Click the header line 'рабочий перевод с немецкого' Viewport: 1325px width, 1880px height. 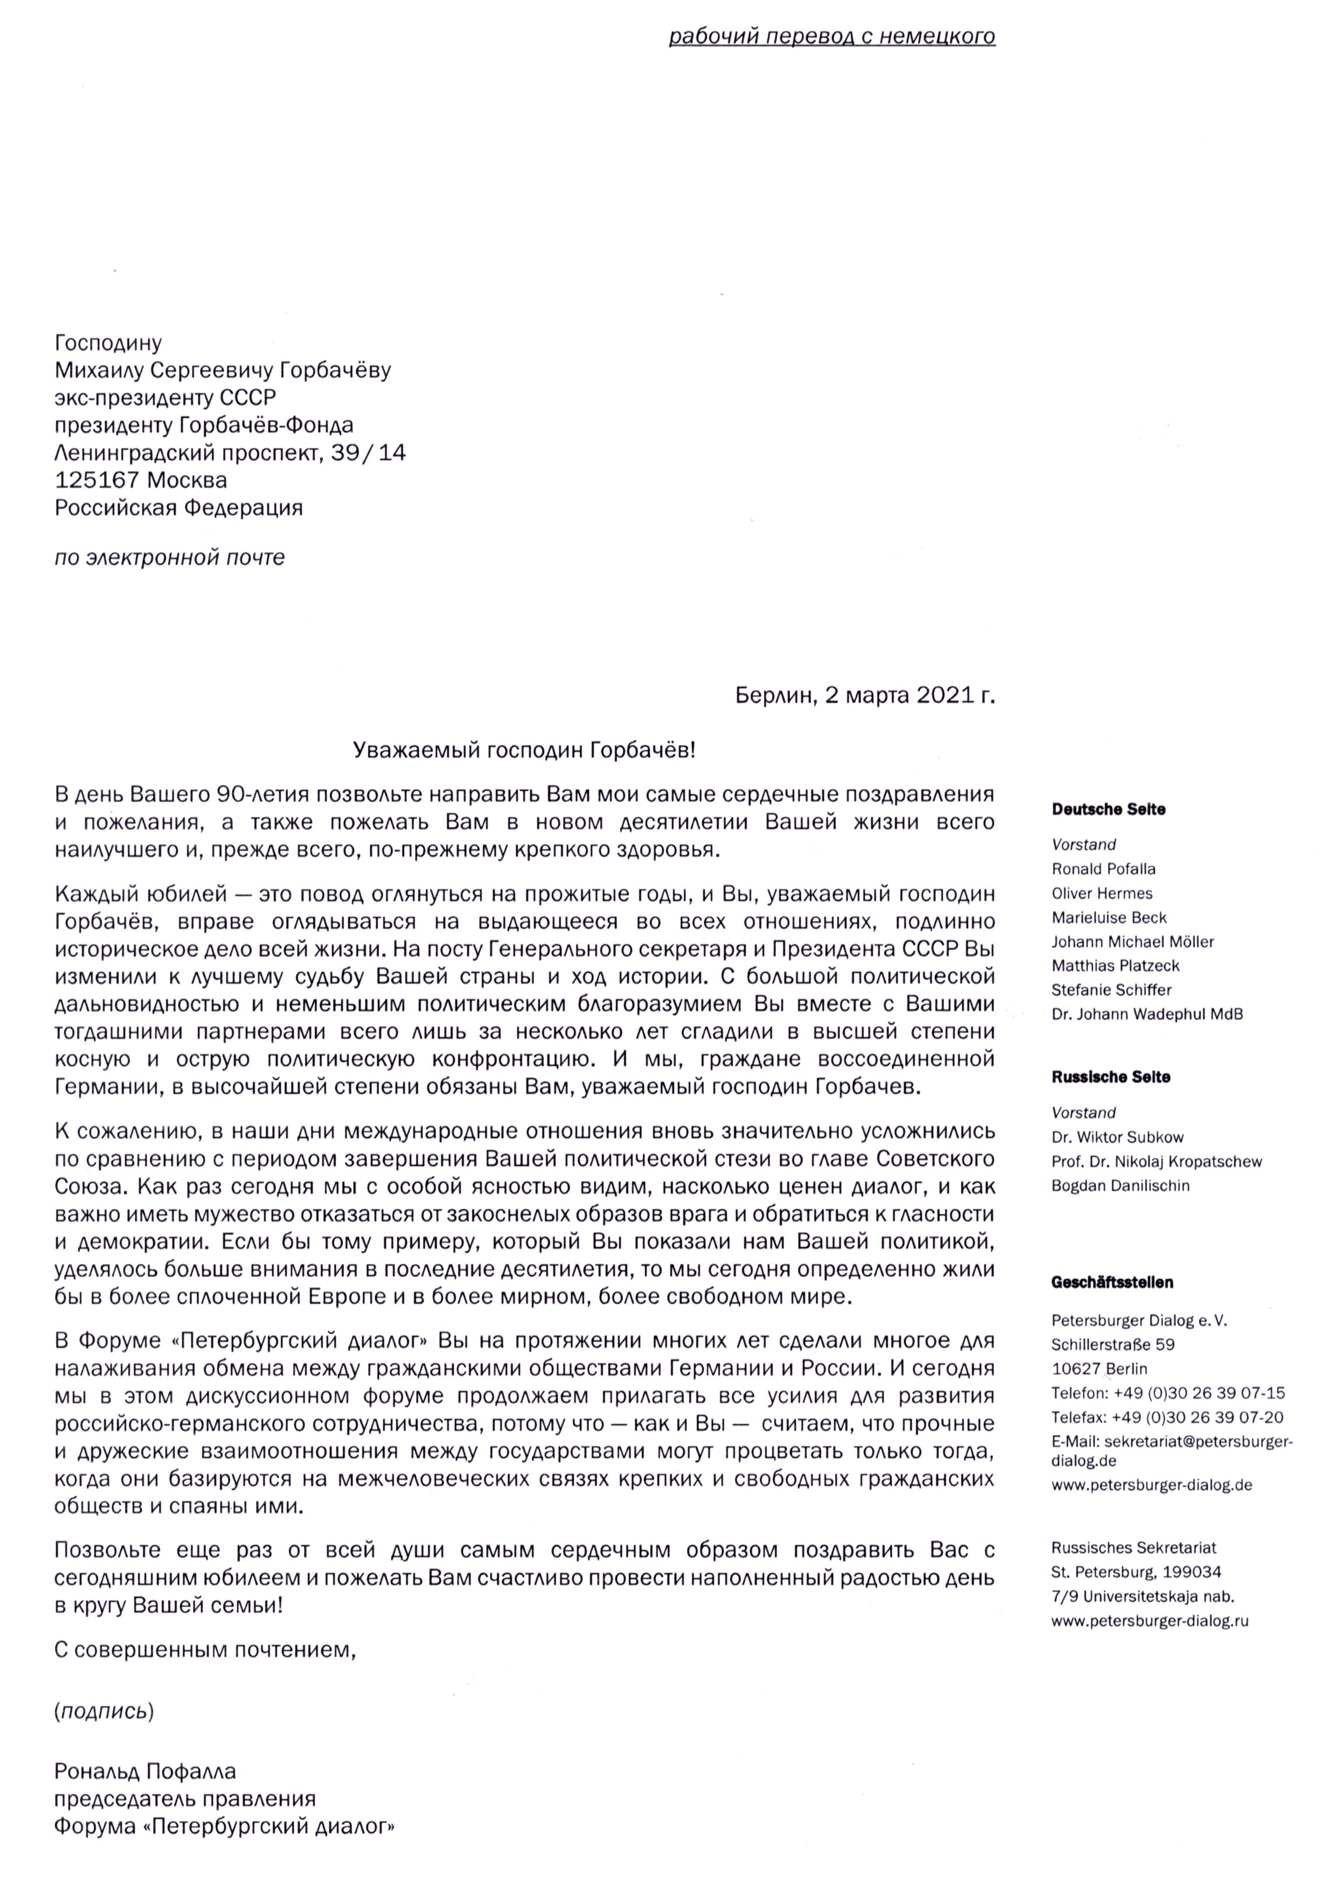click(x=831, y=37)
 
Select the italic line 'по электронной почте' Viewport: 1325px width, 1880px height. click(x=170, y=558)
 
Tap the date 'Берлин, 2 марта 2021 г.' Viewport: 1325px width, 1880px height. click(x=864, y=696)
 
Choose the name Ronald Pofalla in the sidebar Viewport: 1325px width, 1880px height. click(x=1103, y=869)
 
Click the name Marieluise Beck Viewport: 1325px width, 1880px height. click(x=1109, y=917)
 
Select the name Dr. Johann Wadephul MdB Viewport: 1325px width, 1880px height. click(x=1147, y=1013)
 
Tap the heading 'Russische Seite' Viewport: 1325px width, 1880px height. click(x=1110, y=1077)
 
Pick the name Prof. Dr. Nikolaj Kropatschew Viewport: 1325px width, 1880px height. click(x=1157, y=1161)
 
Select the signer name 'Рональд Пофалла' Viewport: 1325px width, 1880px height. click(x=145, y=1772)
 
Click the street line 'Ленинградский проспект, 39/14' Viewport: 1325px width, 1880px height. click(x=230, y=452)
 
